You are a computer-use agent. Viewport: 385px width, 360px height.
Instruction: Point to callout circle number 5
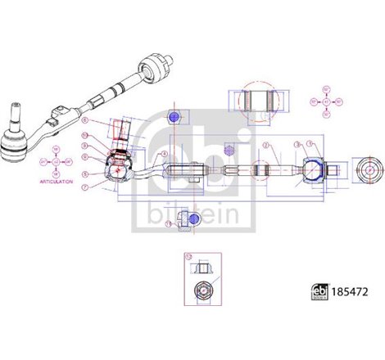85,174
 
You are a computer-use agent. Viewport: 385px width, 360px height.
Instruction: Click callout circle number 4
164,155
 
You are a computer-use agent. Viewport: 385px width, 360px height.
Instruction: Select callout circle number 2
265,145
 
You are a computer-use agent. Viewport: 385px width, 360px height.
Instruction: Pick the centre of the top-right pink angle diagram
326,101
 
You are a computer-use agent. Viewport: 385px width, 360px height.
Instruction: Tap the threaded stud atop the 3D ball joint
14,115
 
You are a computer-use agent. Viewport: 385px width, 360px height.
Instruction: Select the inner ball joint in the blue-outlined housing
314,171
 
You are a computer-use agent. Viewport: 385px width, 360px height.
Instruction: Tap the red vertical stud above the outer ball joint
124,133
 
